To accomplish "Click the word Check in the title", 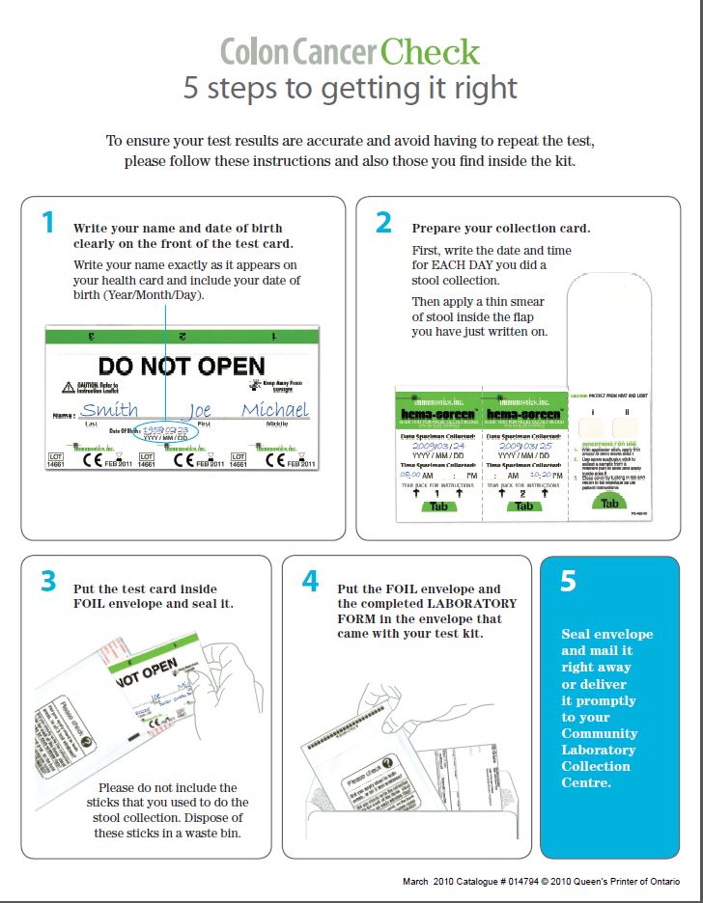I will tap(430, 51).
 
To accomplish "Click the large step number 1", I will tap(48, 223).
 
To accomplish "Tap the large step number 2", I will tap(383, 223).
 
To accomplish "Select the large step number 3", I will tap(48, 582).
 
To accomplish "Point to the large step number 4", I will tap(310, 582).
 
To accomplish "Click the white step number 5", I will tap(568, 582).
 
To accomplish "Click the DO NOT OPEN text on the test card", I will tap(182, 366).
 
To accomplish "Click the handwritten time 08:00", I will tap(410, 475).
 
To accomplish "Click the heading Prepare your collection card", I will tap(500, 229).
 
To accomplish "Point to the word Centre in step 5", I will tap(586, 782).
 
